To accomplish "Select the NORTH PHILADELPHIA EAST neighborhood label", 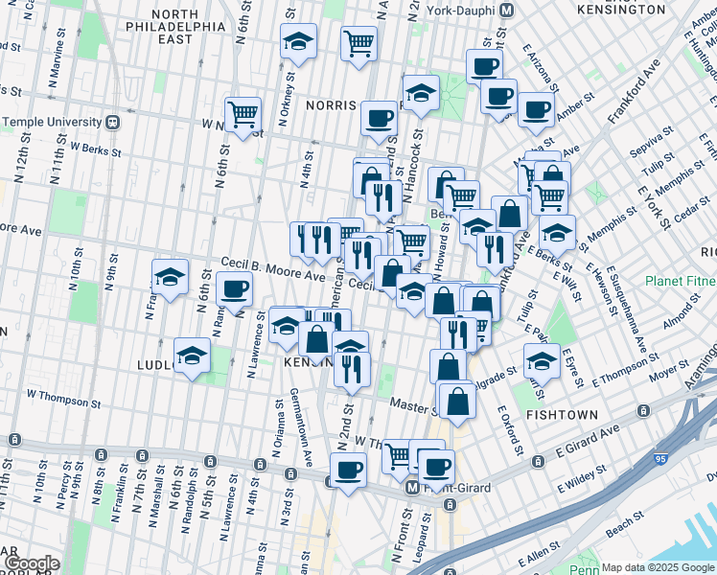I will (x=173, y=28).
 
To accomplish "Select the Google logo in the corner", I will (x=31, y=563).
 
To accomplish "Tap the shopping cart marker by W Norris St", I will (x=243, y=114).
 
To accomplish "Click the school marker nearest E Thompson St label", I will (x=542, y=361).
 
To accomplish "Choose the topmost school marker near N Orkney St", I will (x=298, y=41).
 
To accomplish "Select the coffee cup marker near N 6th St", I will (x=234, y=287).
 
